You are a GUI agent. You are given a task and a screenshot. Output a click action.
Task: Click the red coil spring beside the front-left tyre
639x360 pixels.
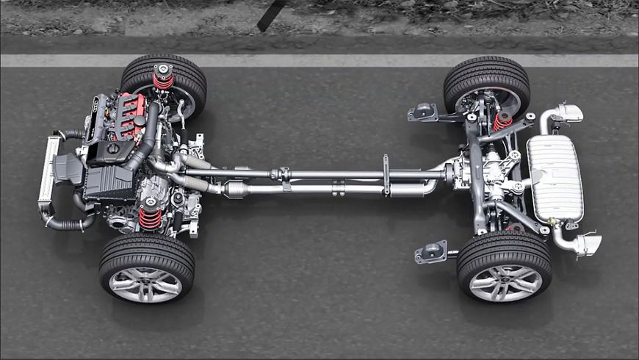click(150, 217)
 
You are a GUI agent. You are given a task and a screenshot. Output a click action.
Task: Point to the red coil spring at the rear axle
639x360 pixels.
click(502, 120)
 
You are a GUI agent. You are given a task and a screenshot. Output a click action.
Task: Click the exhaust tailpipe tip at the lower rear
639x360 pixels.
click(588, 244)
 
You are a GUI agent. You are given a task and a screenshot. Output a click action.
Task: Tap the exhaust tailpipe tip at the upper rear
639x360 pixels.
click(570, 112)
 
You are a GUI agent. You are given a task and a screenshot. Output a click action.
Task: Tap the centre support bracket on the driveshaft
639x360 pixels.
click(386, 175)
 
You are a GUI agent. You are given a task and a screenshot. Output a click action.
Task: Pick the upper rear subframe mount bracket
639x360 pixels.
click(425, 112)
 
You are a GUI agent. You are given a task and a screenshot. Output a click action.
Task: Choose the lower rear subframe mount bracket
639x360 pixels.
click(431, 252)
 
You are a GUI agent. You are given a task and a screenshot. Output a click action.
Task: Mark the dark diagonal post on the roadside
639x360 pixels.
click(272, 15)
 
